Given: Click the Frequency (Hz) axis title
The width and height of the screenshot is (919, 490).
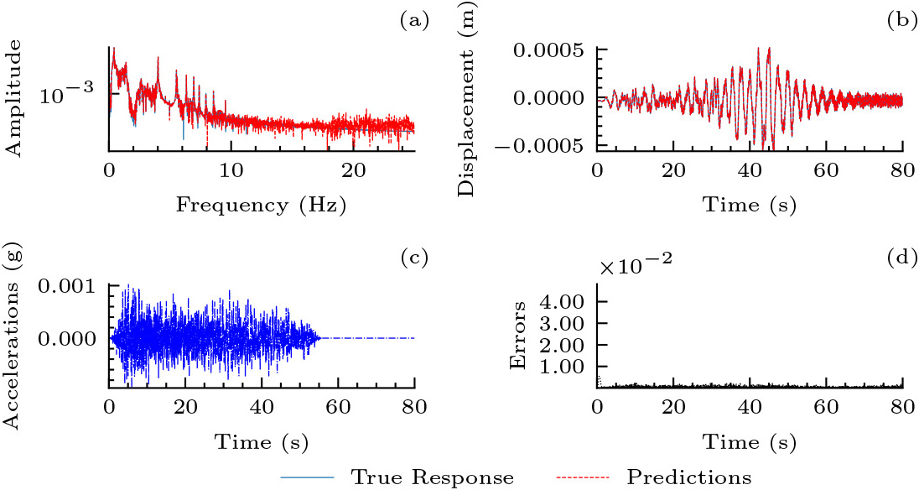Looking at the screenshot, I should [261, 204].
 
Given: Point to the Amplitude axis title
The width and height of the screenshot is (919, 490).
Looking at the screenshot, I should [14, 99].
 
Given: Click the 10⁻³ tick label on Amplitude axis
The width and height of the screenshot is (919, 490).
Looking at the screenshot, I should [70, 95].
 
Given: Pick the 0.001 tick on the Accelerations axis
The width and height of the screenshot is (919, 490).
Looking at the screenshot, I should [71, 287].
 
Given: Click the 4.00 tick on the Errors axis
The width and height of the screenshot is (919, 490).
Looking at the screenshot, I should [564, 300].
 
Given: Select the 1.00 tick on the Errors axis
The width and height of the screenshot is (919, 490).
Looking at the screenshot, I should [564, 366].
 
